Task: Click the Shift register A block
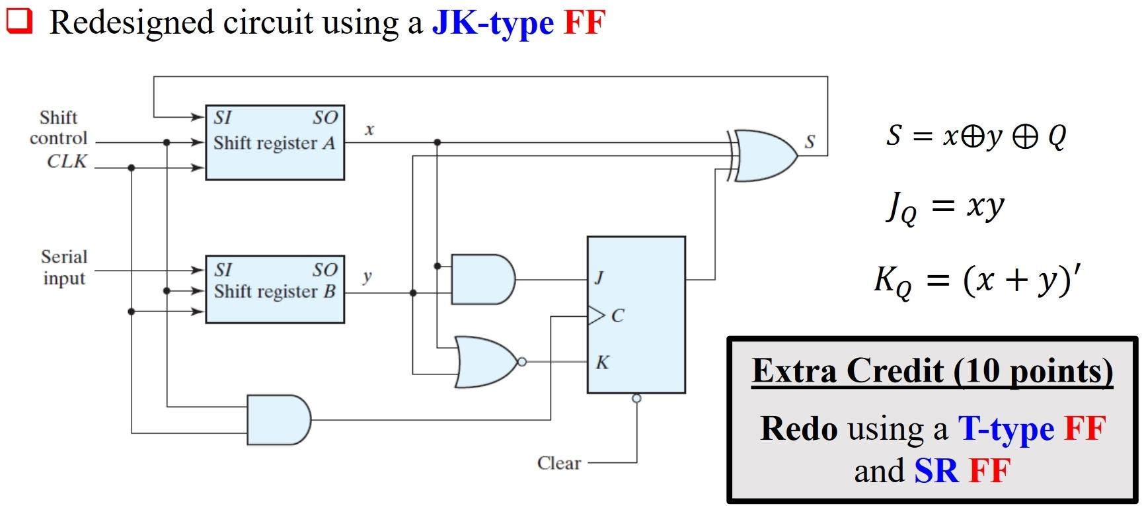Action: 274,142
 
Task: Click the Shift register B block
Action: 274,290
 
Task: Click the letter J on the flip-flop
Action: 599,278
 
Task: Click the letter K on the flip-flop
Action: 602,362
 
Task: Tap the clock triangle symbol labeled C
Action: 596,316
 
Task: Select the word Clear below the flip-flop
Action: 559,463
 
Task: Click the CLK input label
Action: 67,161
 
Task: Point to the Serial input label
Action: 64,267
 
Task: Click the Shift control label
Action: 58,128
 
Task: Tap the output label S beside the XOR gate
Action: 810,142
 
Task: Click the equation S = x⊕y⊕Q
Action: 976,136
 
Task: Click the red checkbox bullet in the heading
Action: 19,21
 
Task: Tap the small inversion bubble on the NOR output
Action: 522,362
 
